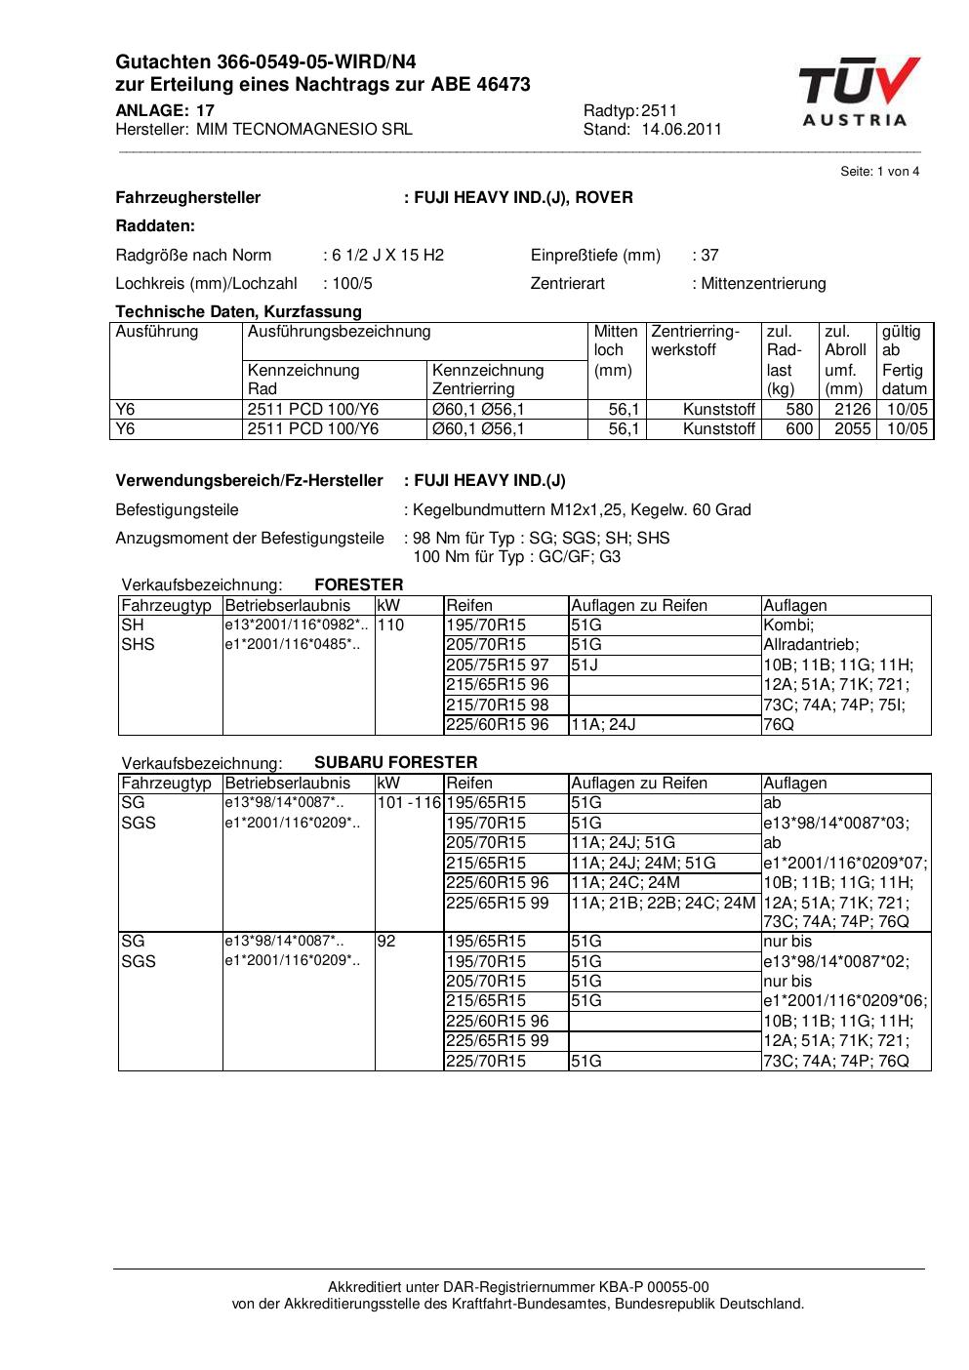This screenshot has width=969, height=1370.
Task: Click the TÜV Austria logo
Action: point(858,93)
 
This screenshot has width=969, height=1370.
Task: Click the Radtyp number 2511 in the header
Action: point(659,110)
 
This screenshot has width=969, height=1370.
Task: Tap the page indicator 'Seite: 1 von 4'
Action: point(879,172)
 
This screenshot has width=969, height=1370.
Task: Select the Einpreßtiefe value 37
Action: point(709,256)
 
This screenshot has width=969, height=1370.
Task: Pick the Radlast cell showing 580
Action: point(799,410)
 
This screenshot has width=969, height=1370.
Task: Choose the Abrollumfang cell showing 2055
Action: point(852,429)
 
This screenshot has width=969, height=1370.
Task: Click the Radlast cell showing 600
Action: point(799,429)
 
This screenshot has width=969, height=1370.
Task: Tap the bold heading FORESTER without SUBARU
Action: point(358,584)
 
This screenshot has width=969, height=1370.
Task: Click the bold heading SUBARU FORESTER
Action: point(395,762)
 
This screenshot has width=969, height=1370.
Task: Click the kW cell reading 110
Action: point(390,625)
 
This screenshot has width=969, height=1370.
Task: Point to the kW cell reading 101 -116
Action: point(409,802)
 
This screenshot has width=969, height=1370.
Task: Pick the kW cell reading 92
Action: point(386,941)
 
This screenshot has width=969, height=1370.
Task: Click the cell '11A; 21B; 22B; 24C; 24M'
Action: point(663,903)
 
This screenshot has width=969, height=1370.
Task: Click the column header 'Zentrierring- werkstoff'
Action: point(695,341)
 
